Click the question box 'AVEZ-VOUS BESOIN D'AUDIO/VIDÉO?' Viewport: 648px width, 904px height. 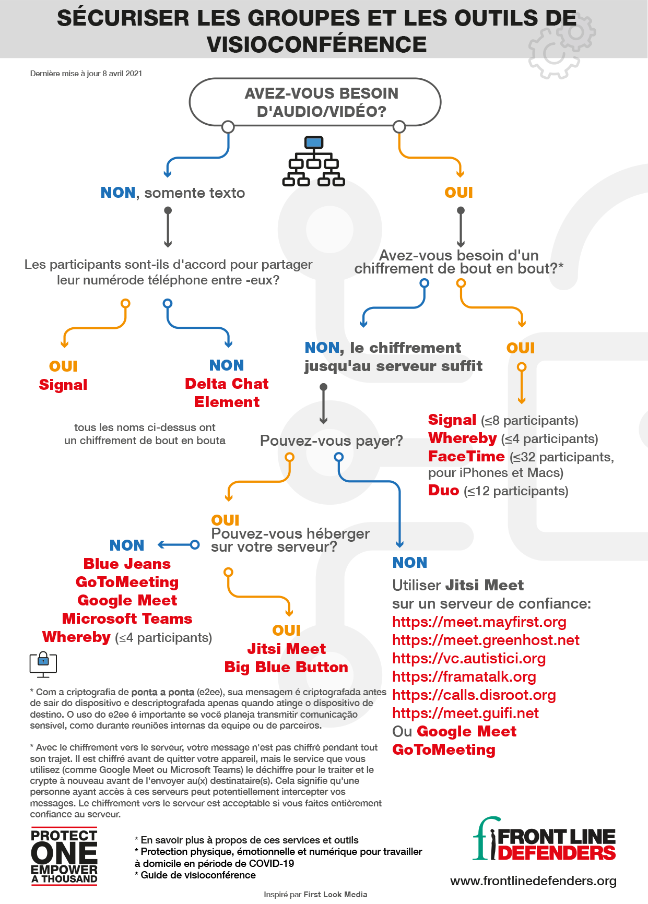(x=315, y=102)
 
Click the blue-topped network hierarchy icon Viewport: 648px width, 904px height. (x=313, y=161)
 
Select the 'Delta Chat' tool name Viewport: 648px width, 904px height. (x=227, y=384)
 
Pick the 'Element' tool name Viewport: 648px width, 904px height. (x=227, y=402)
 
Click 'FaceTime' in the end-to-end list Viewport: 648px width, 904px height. (x=466, y=457)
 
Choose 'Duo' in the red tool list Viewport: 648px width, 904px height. (x=443, y=491)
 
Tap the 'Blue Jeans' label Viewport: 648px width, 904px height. (x=127, y=564)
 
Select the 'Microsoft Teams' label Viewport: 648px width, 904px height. (x=127, y=618)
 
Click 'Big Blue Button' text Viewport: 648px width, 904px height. (x=286, y=667)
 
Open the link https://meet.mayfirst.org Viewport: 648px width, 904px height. (x=479, y=622)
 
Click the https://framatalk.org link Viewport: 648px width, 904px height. (x=464, y=677)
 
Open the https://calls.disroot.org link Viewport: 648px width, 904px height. (x=474, y=695)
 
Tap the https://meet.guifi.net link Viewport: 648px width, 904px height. (x=465, y=713)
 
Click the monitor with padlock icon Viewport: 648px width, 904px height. (x=43, y=664)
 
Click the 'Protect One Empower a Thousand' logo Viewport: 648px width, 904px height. (x=64, y=857)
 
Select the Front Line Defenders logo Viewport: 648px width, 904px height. (x=544, y=839)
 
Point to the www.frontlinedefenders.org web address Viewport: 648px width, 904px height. (x=533, y=881)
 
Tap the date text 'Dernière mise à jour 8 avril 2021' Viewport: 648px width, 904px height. (x=86, y=74)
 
